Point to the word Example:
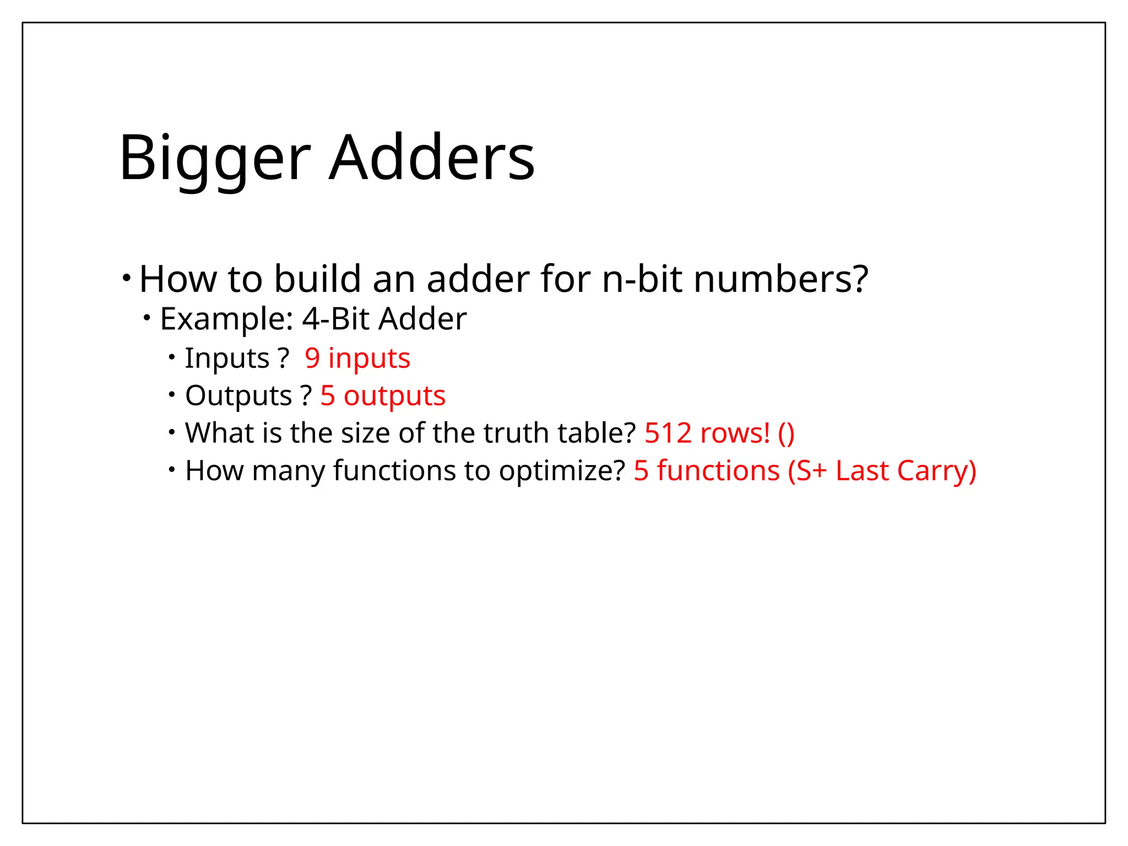click(226, 319)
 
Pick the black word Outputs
click(238, 395)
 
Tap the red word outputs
click(394, 395)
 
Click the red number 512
click(668, 433)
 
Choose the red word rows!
click(735, 433)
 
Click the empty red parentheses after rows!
click(787, 433)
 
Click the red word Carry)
click(936, 471)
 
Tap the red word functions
click(718, 471)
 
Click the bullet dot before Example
click(147, 318)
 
